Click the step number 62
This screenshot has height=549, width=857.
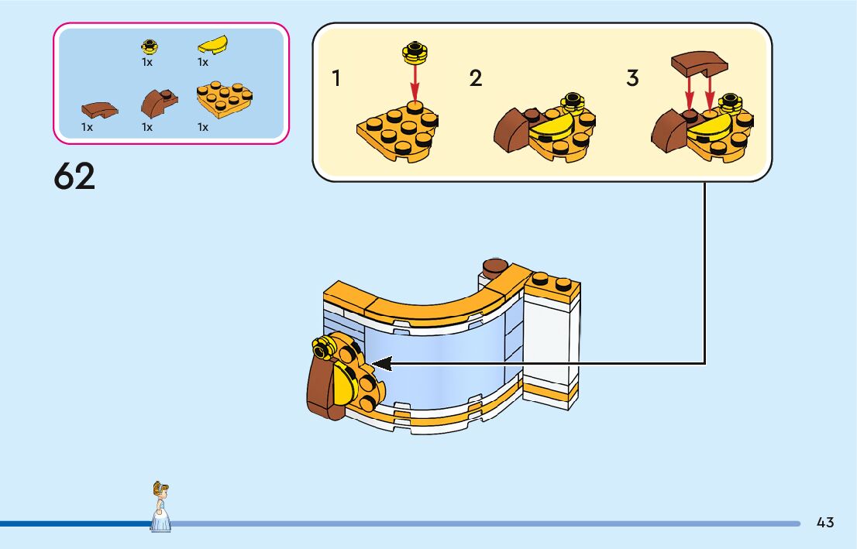pos(74,177)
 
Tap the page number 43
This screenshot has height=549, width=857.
pos(825,523)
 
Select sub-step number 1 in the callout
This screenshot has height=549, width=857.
pos(336,78)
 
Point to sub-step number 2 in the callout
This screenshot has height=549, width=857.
pos(476,78)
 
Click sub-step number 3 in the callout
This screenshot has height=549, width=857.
pos(633,78)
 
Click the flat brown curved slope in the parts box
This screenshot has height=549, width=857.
pos(99,109)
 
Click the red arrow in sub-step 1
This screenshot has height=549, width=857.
pos(415,81)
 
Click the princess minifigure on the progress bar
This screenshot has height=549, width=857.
pos(161,506)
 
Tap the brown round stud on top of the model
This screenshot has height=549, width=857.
pos(494,267)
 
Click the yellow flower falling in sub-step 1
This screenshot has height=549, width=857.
pos(415,53)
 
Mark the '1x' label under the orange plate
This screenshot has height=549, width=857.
pos(203,127)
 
